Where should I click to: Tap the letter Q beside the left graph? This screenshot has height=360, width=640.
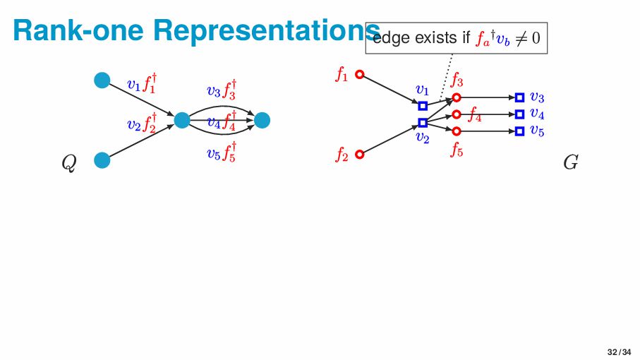pos(68,164)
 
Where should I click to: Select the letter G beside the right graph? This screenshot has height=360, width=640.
pos(571,164)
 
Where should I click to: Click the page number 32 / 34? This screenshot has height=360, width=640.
pos(619,352)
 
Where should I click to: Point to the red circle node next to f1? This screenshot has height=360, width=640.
pos(359,74)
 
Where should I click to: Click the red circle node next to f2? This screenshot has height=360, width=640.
pos(359,154)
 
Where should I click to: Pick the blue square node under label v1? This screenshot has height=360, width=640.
pos(423,106)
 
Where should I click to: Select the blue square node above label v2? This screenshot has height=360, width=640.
pos(423,123)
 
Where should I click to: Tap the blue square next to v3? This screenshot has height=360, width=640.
pos(519,97)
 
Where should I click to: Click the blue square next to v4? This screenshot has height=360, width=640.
pos(519,114)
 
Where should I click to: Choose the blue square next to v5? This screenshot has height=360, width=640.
pos(519,131)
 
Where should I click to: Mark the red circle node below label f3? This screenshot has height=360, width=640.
pos(457,97)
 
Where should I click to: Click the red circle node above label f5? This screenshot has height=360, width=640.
pos(457,131)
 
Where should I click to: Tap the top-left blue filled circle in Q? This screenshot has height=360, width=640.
pos(102,80)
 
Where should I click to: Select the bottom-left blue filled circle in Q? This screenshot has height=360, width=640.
pos(102,160)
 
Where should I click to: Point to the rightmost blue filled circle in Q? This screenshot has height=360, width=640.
pos(262,121)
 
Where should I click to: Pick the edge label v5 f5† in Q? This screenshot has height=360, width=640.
pos(222,152)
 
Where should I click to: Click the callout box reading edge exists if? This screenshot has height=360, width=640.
pos(457,37)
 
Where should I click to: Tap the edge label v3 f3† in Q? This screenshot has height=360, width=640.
pos(222,90)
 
